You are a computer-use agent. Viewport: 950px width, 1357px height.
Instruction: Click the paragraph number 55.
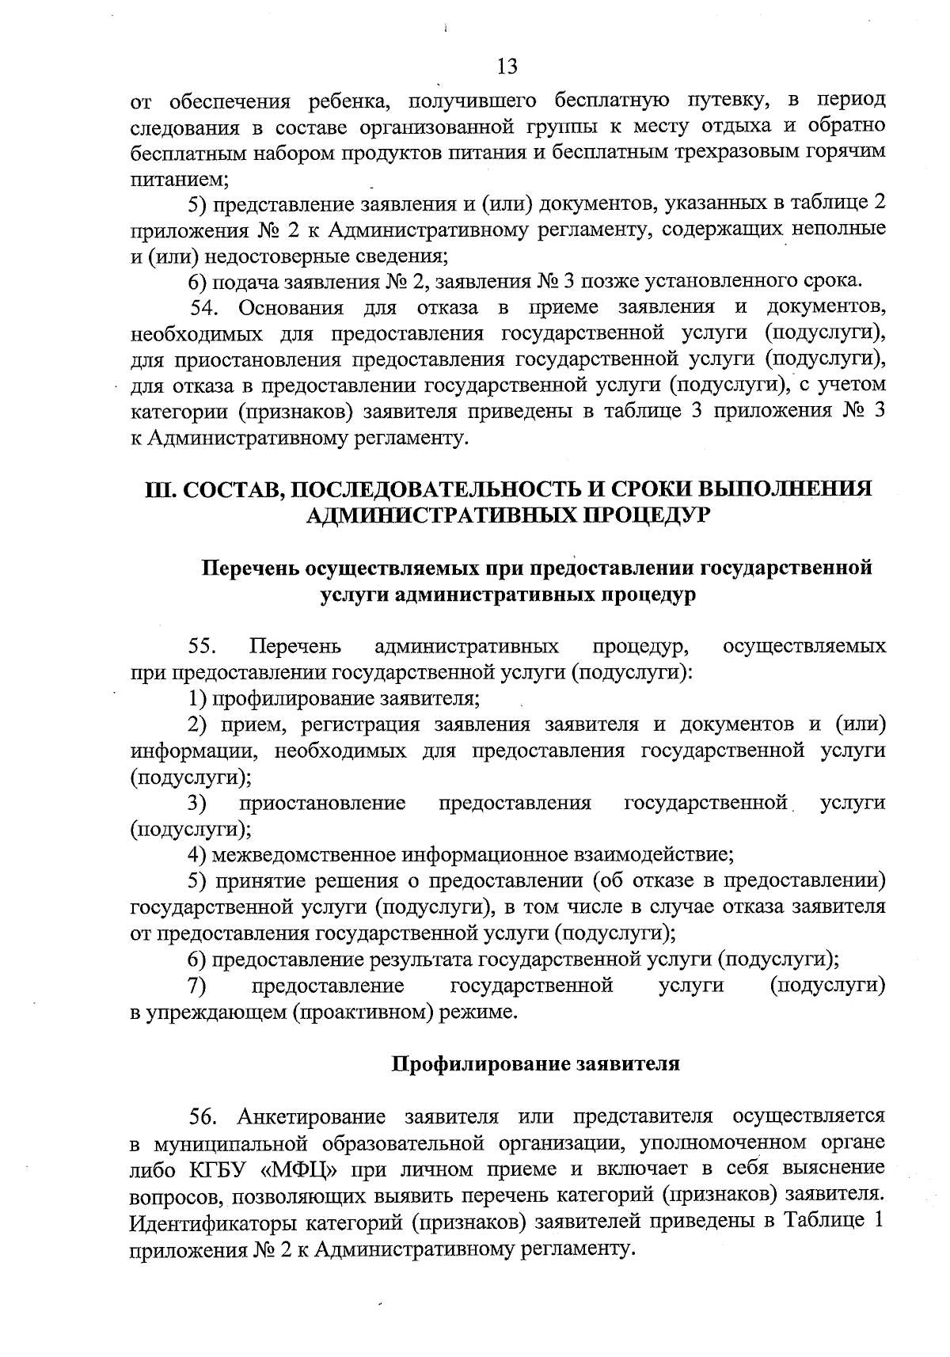click(203, 647)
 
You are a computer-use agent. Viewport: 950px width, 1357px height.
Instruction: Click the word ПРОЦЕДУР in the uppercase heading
click(644, 515)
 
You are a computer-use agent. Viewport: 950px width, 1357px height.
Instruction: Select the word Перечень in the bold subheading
click(250, 568)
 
